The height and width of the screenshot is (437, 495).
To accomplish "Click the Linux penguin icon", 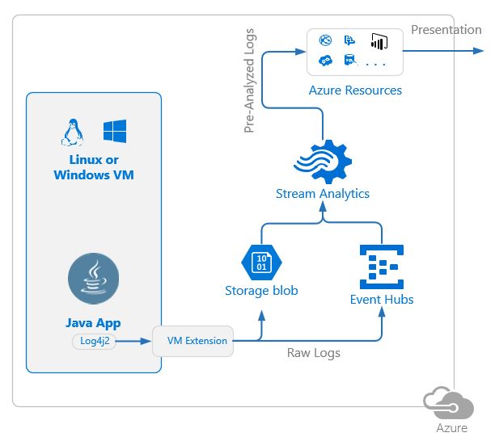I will [x=74, y=132].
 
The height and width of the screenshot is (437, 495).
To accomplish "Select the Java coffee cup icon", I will [x=95, y=279].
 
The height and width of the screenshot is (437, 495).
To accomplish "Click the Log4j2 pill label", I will [x=94, y=341].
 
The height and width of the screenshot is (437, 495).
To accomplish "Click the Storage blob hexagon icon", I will [x=260, y=262].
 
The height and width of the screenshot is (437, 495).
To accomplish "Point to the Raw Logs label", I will [x=314, y=353].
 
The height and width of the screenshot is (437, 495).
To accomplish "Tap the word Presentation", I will [x=446, y=30].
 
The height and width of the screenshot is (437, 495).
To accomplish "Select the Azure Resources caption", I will [x=355, y=90].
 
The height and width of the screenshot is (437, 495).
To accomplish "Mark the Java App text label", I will [x=94, y=323].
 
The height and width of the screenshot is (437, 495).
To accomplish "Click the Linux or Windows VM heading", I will [x=94, y=167].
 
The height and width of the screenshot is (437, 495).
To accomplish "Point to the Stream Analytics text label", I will [x=323, y=194].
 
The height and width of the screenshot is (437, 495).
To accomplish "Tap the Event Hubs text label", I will [x=382, y=300].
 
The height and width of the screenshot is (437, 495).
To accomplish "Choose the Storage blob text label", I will [x=261, y=290].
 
